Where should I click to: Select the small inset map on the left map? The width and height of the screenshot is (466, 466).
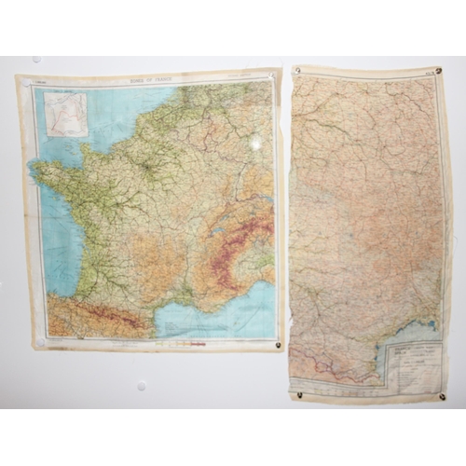click(x=65, y=114)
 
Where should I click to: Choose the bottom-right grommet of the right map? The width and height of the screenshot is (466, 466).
click(x=441, y=396)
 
